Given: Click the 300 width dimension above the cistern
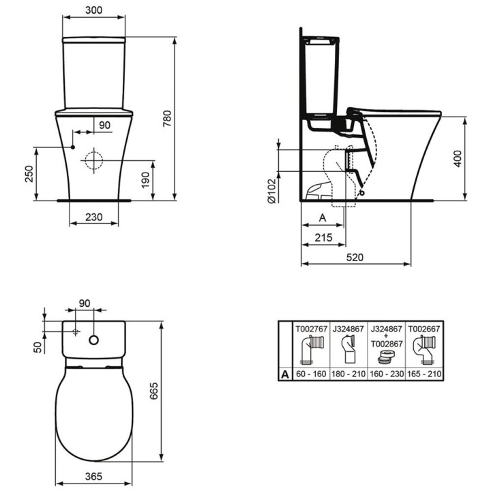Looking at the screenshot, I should click(x=94, y=11).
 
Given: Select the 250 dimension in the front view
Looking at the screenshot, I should click(x=27, y=175).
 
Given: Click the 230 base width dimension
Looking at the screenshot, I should click(x=94, y=218).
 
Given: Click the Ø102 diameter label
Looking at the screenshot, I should click(x=271, y=192).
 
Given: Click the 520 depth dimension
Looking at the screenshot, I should click(x=356, y=258).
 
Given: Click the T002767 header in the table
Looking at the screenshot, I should click(x=311, y=327).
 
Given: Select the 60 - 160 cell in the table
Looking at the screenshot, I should click(x=311, y=374).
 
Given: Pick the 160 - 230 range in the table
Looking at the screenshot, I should click(x=386, y=374).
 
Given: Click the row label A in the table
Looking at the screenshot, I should click(x=284, y=374).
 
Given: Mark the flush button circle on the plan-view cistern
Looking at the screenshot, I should click(x=95, y=338).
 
